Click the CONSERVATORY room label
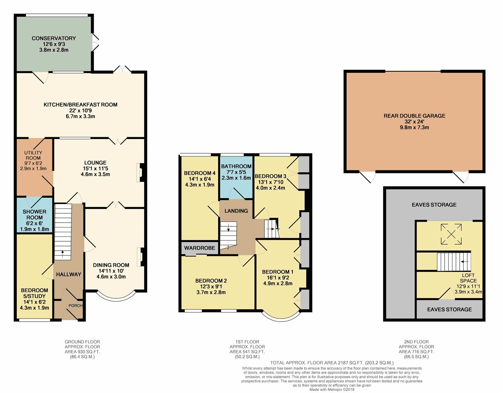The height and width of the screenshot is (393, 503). coord(54,38)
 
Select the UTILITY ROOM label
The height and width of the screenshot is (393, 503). coord(33,155)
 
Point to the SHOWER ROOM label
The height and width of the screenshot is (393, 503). coord(35,214)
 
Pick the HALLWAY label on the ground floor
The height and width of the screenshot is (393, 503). coord(68,274)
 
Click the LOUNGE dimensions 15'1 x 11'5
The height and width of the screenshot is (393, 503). coord(95,168)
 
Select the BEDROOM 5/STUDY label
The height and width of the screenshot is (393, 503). coord(35,293)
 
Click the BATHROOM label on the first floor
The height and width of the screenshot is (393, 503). coord(236,166)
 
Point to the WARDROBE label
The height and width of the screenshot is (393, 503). coord(199,248)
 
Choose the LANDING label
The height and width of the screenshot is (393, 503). coord(236,211)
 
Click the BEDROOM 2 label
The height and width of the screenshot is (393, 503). coord(211,281)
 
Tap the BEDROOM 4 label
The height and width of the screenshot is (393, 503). coord(200,173)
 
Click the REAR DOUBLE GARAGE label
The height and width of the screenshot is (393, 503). coord(414,116)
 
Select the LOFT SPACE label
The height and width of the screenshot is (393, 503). coord(468,278)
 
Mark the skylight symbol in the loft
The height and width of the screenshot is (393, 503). coord(451,234)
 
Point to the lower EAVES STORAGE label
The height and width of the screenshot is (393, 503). coord(449,309)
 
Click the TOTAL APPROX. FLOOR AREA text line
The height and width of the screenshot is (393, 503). coord(331,363)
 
